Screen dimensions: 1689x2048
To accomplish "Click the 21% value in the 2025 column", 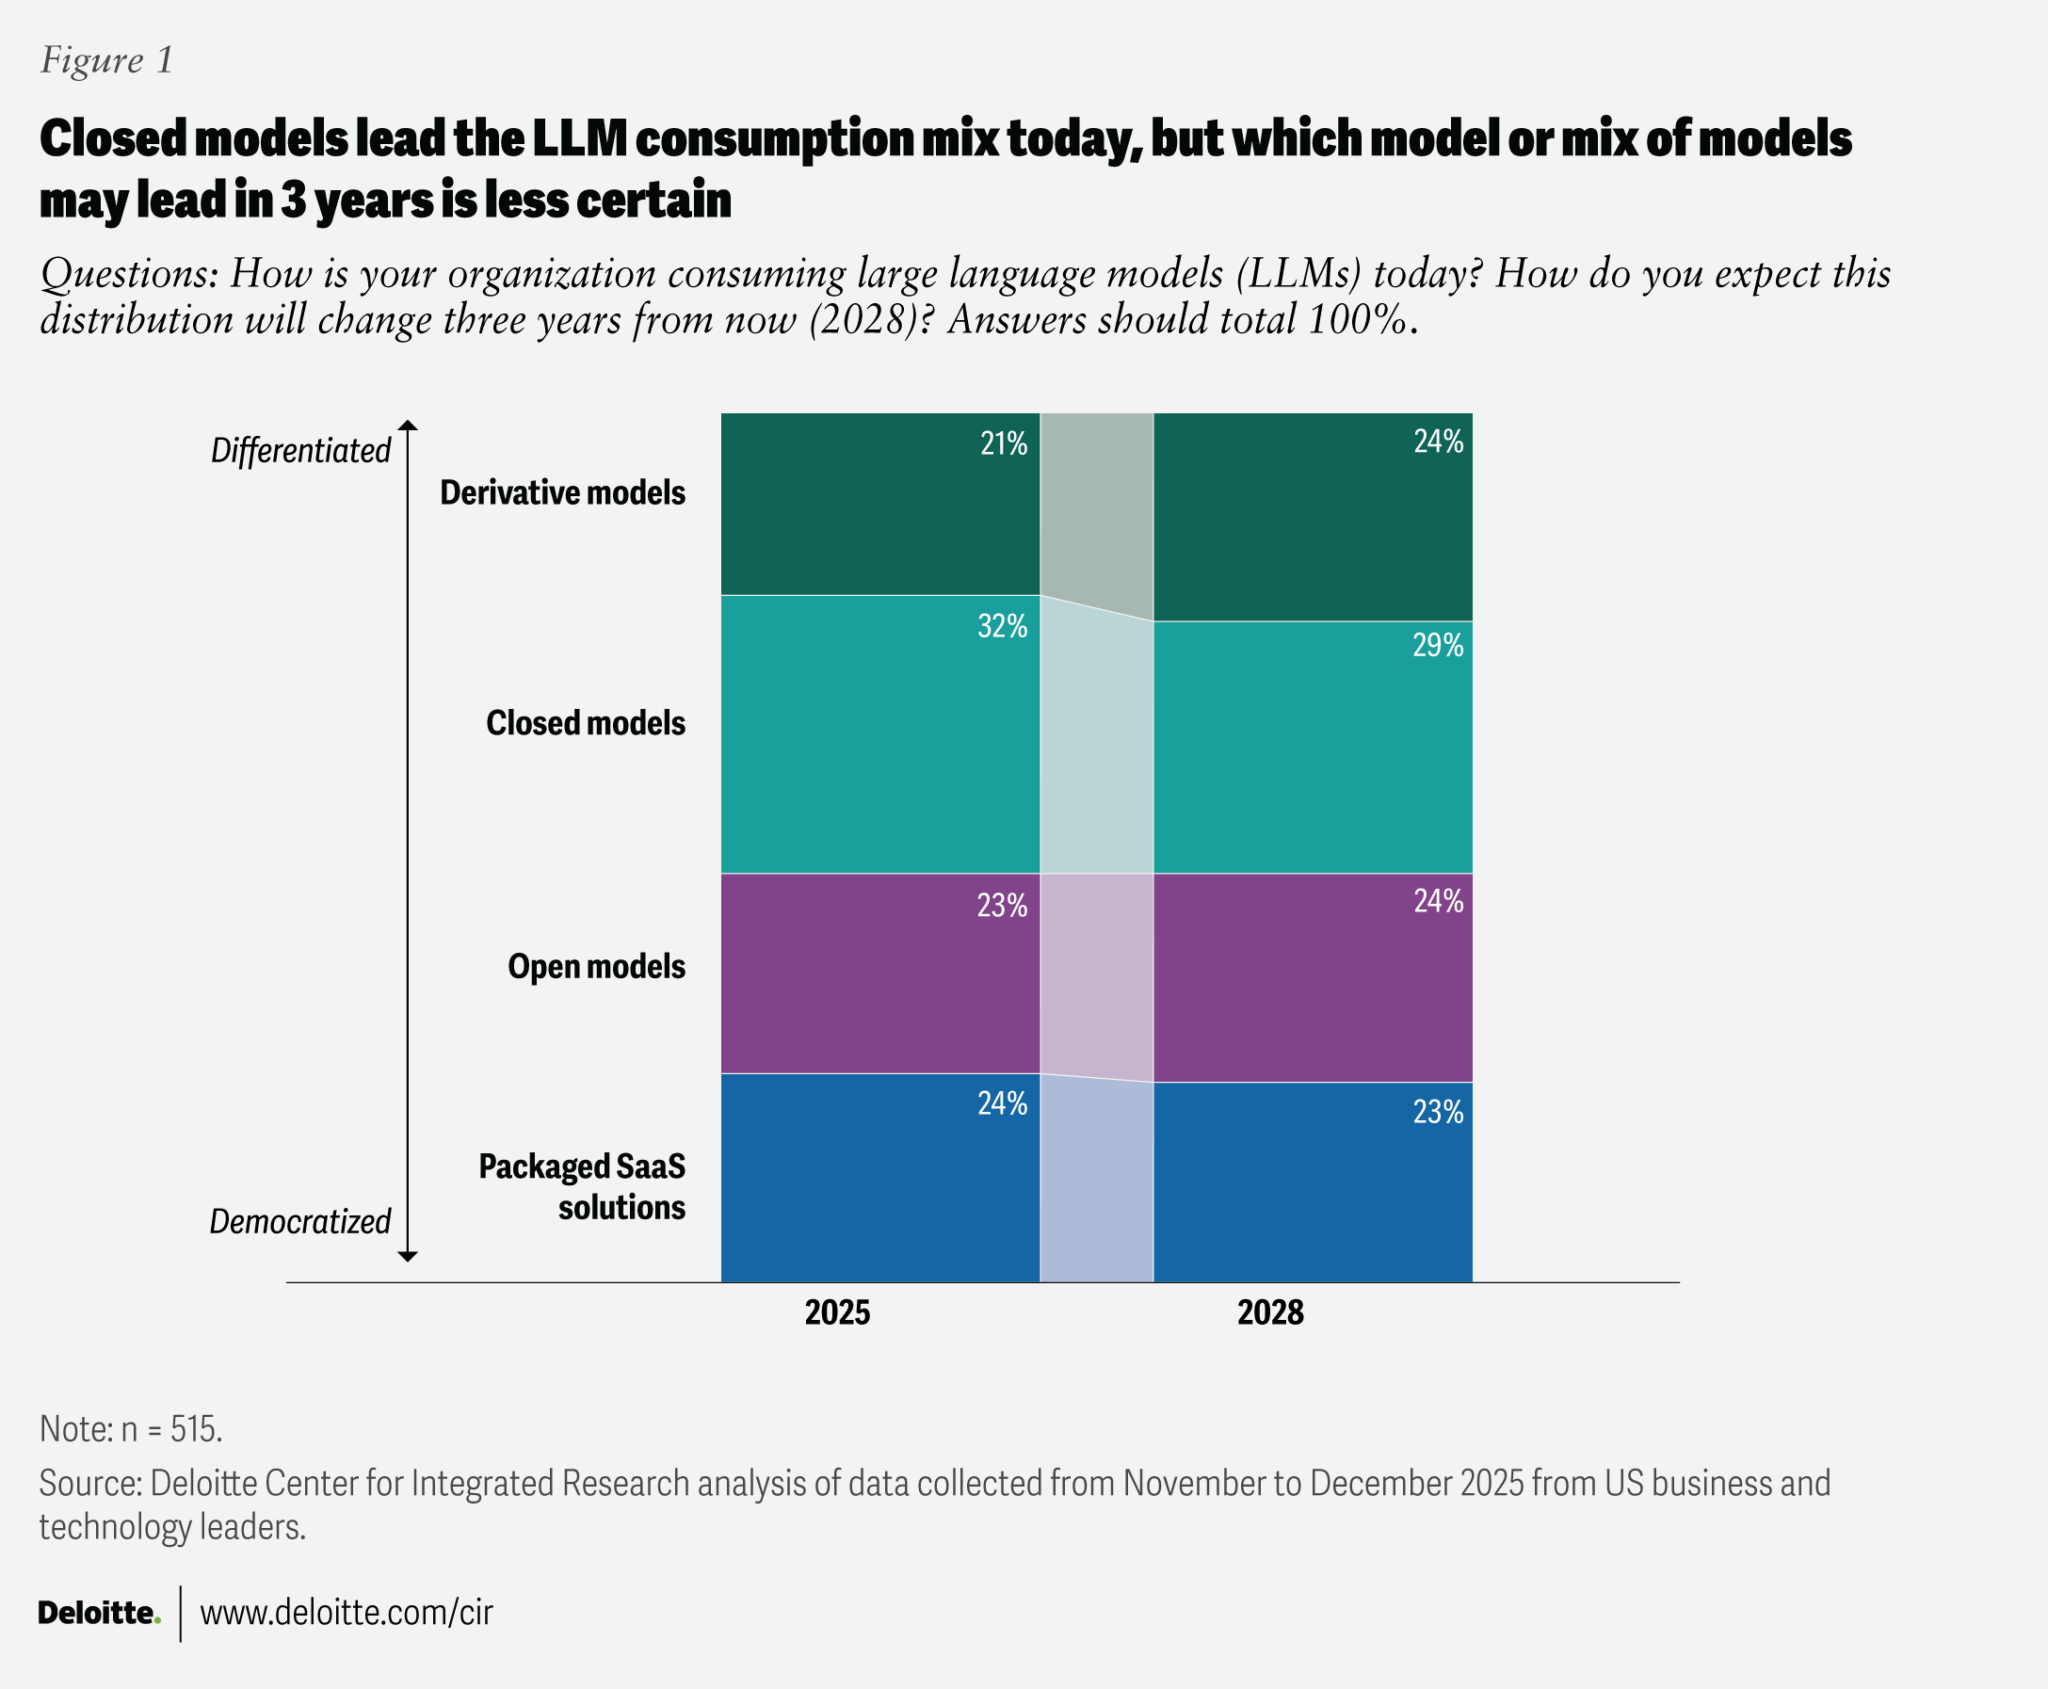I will (x=1003, y=444).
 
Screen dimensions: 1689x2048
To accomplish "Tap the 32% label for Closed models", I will (x=1002, y=627).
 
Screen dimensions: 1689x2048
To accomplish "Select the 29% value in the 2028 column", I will (x=1437, y=646).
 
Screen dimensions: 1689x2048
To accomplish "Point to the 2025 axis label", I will (x=837, y=1312).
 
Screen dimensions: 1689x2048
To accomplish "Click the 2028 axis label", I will (x=1269, y=1312).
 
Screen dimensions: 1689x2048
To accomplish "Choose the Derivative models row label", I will (x=562, y=493).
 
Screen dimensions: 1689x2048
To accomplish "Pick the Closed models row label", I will (x=586, y=723).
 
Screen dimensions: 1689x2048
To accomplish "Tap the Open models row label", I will (x=596, y=966).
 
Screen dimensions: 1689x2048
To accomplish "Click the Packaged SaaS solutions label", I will (x=582, y=1187).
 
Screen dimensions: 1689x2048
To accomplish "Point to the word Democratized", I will (x=299, y=1221).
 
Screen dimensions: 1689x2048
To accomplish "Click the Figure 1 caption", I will (x=107, y=60).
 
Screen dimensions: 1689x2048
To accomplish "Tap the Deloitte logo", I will (x=98, y=1613).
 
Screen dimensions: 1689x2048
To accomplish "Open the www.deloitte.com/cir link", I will (x=347, y=1613).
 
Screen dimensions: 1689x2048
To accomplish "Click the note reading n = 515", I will (x=131, y=1428).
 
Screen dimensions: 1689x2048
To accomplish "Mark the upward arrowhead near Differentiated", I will (x=408, y=426).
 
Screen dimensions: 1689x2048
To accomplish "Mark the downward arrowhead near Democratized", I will (x=408, y=1256).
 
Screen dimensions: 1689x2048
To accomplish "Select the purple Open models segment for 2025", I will (x=879, y=973).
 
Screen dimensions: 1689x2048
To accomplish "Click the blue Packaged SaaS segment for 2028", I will (x=1312, y=1182).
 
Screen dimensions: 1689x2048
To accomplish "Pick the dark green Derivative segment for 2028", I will (x=1312, y=517).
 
